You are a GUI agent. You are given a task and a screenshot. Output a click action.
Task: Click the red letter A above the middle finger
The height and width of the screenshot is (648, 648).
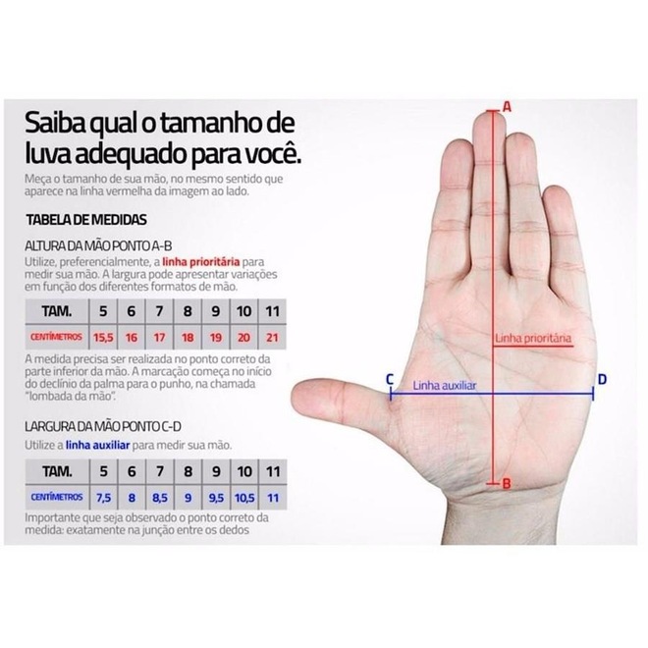[507, 107]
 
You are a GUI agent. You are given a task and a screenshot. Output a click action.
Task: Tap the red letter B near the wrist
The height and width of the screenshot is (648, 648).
[507, 483]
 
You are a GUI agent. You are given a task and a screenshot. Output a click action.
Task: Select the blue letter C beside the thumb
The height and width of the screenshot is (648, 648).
[390, 379]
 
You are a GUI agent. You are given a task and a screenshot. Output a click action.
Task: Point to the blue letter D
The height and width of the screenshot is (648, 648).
[602, 379]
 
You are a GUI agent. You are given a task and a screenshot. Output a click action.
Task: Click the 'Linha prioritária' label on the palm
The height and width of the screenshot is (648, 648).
[533, 338]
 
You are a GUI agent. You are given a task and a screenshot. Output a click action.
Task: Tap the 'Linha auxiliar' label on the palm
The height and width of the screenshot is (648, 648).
[445, 386]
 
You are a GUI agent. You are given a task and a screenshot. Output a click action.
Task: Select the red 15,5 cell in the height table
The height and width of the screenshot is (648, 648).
[103, 338]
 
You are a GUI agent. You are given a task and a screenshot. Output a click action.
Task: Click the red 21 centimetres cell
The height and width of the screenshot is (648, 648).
[272, 338]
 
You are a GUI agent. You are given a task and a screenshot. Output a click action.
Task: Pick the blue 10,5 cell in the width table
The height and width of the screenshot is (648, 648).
[244, 498]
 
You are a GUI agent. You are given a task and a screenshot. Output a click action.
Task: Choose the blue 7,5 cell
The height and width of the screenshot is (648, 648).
[103, 498]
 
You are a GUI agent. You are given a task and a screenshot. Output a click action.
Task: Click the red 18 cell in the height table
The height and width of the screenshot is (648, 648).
[188, 338]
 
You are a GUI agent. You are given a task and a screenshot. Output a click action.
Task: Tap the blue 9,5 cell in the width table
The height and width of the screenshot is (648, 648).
[216, 498]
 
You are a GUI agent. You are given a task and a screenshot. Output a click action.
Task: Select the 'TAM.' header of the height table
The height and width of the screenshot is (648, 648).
[57, 311]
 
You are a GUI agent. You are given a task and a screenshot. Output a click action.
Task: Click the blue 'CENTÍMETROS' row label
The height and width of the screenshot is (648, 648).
[57, 497]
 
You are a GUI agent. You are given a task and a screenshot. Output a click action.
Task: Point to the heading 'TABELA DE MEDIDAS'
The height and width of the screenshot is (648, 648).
[86, 220]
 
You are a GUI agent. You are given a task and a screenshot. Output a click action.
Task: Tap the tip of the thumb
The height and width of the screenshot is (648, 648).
[293, 400]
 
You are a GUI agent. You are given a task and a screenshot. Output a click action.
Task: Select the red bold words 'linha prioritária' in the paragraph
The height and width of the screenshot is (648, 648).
[201, 261]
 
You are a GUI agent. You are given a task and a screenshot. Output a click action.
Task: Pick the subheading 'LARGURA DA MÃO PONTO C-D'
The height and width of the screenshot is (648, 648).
[103, 426]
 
